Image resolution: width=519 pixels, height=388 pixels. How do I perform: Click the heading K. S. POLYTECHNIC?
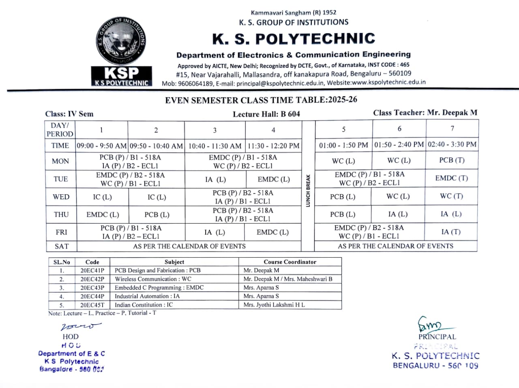point(294,39)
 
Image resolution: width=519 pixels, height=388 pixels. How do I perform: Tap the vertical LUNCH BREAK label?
point(308,190)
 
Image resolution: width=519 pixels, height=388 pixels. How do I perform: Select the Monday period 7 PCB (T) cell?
point(452,160)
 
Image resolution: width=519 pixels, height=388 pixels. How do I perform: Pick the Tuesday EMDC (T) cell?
point(451,178)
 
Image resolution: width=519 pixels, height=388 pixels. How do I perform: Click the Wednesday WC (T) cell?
point(451,196)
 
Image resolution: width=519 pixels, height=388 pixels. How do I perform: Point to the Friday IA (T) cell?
point(451,232)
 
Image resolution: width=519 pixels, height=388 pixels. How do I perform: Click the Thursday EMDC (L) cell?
point(103,215)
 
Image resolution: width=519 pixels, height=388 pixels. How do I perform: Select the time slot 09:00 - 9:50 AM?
point(102,145)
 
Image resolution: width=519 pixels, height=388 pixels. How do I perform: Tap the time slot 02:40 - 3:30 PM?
point(452,144)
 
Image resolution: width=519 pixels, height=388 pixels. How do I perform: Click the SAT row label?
point(62,246)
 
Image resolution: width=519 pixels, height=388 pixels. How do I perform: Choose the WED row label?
point(61,197)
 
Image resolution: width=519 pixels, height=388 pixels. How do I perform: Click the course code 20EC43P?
point(92,288)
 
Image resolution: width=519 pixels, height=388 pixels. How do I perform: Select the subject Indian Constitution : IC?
point(144,305)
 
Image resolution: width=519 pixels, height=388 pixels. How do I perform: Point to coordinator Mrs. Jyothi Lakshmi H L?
point(274,305)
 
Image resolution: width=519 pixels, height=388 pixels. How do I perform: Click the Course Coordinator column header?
point(290,262)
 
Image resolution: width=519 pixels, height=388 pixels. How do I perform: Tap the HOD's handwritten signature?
point(81,326)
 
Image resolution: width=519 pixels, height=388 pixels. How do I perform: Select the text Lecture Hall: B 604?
point(266,114)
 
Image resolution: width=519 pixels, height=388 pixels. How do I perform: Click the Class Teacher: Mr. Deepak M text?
point(425,113)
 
